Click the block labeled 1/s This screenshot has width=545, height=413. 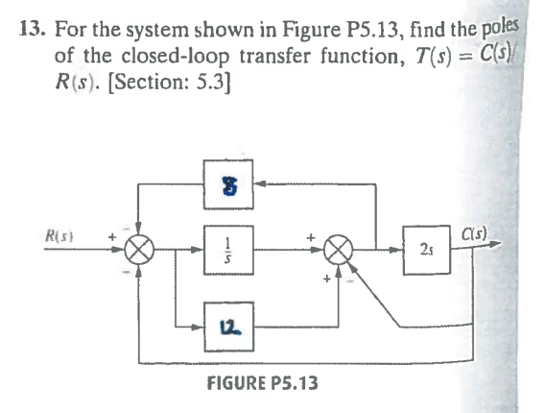click(228, 250)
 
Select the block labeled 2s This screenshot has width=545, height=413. click(427, 250)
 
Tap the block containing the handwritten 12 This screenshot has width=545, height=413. click(228, 327)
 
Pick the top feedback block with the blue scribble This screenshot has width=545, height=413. click(228, 184)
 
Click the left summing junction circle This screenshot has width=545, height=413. click(139, 250)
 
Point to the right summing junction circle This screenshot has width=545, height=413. click(339, 250)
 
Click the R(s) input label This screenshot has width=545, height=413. click(59, 236)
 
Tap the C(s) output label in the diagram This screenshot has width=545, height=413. click(474, 233)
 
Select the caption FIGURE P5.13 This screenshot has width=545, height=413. click(262, 383)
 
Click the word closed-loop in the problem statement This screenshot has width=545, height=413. click(176, 57)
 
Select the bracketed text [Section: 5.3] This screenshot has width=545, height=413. click(169, 83)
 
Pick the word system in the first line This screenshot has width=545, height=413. click(157, 32)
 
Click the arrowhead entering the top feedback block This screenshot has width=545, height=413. click(260, 183)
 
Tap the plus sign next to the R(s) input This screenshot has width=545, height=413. click(111, 237)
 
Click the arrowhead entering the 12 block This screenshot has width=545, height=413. click(198, 327)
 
